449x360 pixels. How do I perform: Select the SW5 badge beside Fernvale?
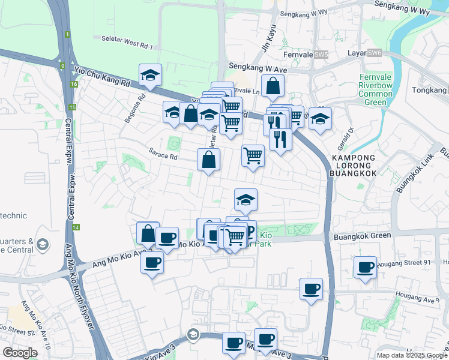tap(322, 55)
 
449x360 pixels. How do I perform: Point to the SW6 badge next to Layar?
tap(375, 53)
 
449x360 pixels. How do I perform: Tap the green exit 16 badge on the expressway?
tap(73, 85)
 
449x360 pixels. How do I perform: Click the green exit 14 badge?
tap(76, 227)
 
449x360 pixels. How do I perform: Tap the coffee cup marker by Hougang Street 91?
tap(365, 267)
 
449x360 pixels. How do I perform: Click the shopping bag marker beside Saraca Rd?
tap(209, 160)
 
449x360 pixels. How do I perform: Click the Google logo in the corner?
tap(20, 353)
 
